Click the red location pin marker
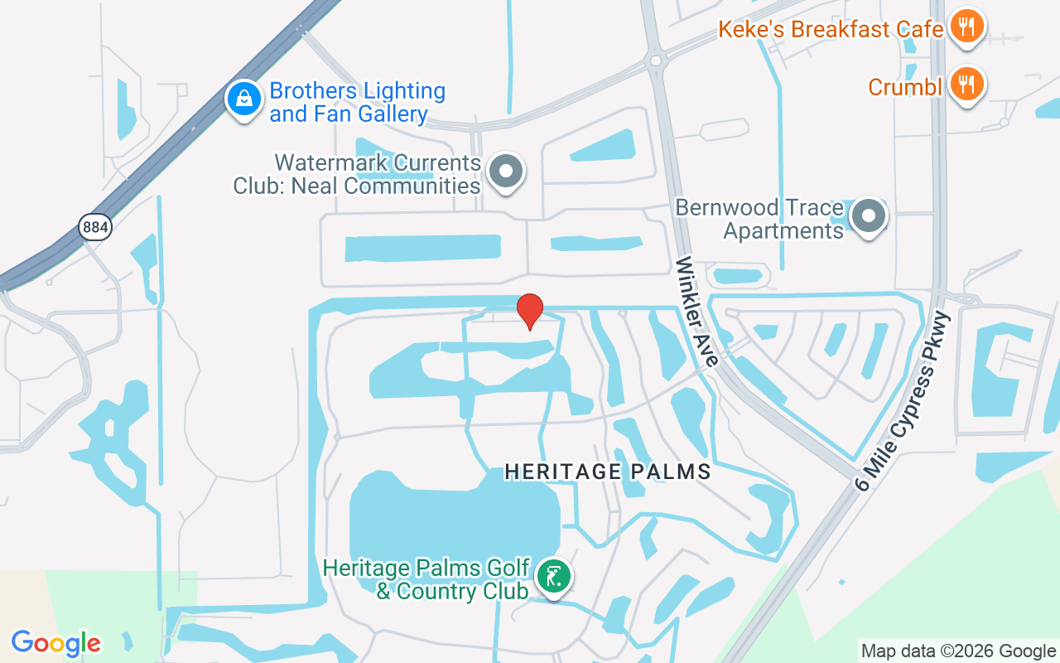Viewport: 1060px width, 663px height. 530,312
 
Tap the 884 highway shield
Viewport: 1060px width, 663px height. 95,226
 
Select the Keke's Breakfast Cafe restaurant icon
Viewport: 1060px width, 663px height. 966,27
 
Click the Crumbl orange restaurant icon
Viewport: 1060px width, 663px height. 966,85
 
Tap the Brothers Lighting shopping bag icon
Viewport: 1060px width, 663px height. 244,99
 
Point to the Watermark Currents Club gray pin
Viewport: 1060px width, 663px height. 505,172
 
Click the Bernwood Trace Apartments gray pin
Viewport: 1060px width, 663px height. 868,216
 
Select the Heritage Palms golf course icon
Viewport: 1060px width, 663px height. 552,575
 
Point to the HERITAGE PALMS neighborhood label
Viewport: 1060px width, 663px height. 608,472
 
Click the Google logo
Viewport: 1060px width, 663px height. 56,642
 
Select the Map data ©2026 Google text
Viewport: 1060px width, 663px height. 958,651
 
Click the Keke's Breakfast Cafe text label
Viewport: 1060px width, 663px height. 831,30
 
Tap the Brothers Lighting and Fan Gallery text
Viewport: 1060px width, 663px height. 357,102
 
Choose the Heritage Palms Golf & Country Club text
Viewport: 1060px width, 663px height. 426,579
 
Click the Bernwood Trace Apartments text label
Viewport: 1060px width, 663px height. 759,218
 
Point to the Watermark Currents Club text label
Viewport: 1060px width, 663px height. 357,173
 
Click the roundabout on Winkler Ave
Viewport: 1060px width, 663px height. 657,60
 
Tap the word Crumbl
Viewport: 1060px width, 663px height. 905,86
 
